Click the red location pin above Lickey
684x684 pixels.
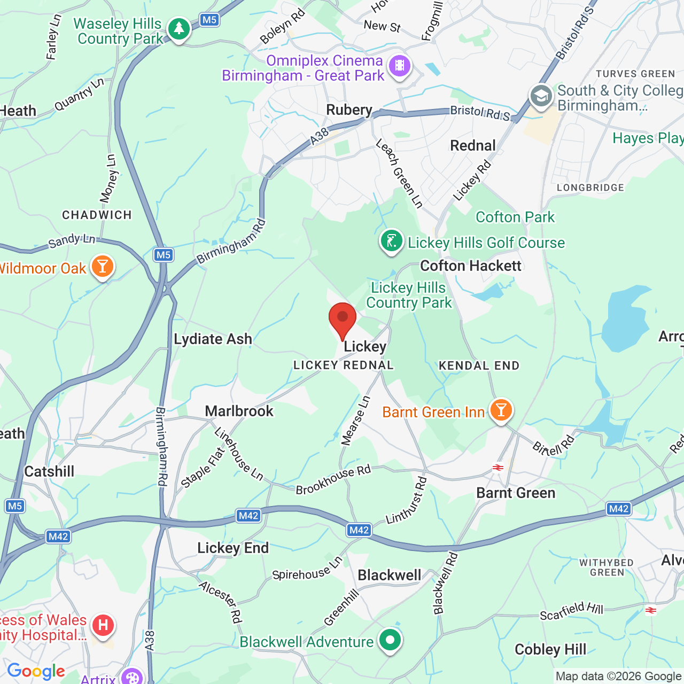point(342,320)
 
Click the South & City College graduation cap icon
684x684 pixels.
point(541,97)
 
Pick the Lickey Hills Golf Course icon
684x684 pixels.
point(392,241)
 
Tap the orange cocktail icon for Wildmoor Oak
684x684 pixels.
point(102,266)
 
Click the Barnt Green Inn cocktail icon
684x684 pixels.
point(501,410)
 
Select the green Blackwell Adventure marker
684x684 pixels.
point(390,640)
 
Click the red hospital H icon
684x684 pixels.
point(103,625)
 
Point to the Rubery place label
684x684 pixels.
point(349,110)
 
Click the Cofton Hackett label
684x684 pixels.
point(470,266)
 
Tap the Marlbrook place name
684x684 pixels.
point(239,411)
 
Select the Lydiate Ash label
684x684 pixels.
point(213,339)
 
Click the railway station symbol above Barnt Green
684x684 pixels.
point(498,468)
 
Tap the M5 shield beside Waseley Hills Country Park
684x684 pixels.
point(209,20)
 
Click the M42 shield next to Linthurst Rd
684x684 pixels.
point(359,530)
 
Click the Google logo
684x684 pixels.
point(36,671)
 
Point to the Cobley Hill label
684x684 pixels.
point(550,649)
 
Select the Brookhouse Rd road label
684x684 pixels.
point(333,480)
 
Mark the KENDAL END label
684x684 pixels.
point(479,366)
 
